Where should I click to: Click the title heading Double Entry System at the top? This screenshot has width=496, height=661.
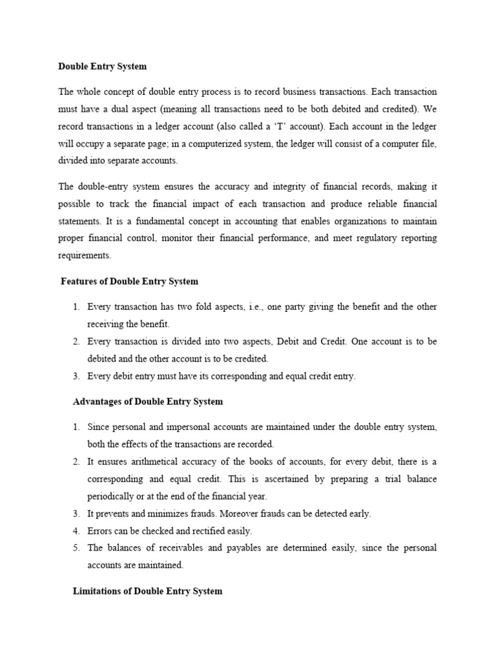(x=103, y=66)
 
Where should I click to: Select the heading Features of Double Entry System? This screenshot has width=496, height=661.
(x=129, y=281)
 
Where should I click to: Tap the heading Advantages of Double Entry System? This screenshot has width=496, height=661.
(x=147, y=402)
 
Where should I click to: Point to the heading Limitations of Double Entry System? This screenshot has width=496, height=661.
(x=147, y=591)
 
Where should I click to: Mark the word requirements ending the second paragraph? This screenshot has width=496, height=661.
(x=85, y=256)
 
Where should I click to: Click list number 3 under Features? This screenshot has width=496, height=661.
(x=76, y=376)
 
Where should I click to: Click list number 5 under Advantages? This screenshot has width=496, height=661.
(x=76, y=548)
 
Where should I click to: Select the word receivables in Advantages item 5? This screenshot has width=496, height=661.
(x=167, y=548)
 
